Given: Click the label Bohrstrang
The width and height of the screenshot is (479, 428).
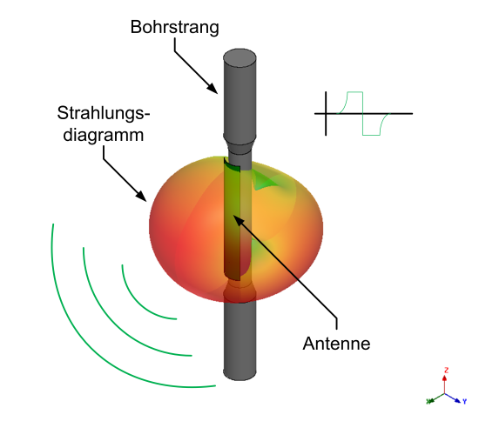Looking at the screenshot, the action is pos(174,27).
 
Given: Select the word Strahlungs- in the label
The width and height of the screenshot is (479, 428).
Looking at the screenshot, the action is pos(104,113).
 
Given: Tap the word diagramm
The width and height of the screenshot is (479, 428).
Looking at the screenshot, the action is pos(104,135).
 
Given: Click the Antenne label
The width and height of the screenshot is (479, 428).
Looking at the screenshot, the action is pos(336,344).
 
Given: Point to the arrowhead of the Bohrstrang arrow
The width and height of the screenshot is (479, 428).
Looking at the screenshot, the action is pos(213,89).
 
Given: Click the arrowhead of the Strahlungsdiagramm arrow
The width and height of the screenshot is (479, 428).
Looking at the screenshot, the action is pos(142,196).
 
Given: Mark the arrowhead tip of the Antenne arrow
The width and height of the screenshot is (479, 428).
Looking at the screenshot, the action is pos(233,216).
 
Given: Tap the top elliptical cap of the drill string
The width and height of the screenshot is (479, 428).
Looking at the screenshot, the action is pos(239,57).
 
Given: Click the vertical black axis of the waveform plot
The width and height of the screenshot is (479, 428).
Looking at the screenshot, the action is pos(326,113).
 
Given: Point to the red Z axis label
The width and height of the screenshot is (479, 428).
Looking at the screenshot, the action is pos(446,371).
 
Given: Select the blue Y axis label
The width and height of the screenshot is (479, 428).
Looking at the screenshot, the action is pos(465,401).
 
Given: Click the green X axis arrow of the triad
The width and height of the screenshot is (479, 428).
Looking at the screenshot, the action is pos(435,398).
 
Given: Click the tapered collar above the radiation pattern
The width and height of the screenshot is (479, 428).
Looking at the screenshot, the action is pos(239,144).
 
